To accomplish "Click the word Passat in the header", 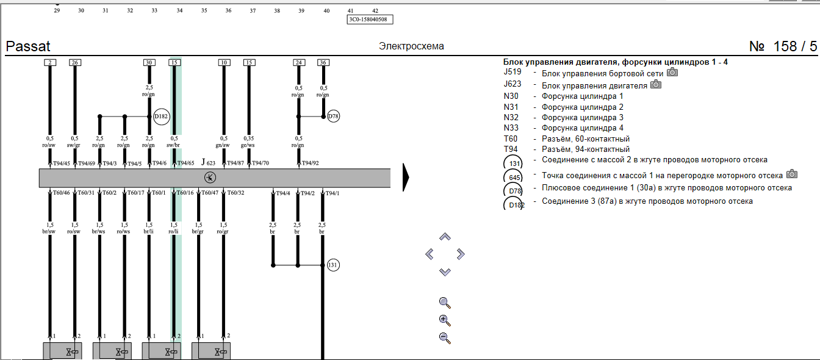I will pyautogui.click(x=28, y=46).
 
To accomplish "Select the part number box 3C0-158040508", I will pyautogui.click(x=370, y=20).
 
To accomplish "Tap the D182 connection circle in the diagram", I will pyautogui.click(x=161, y=116).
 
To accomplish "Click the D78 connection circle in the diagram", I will pyautogui.click(x=333, y=116).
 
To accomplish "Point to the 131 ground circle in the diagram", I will pyautogui.click(x=333, y=265).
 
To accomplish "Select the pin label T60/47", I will pyautogui.click(x=210, y=193).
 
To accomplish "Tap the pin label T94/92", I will pyautogui.click(x=311, y=164).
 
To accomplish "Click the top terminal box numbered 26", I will pyautogui.click(x=74, y=62).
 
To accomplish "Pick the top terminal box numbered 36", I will pyautogui.click(x=323, y=62).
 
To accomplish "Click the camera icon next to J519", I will pyautogui.click(x=672, y=73).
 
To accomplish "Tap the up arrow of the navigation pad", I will pyautogui.click(x=445, y=237).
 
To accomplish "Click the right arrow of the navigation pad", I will pyautogui.click(x=461, y=254).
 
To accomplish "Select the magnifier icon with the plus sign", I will pyautogui.click(x=445, y=320).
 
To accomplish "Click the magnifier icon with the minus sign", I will pyautogui.click(x=445, y=337).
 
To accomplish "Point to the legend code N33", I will pyautogui.click(x=512, y=128).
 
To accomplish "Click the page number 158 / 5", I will pyautogui.click(x=783, y=46).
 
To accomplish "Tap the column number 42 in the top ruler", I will pyautogui.click(x=375, y=11).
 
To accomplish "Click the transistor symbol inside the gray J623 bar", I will pyautogui.click(x=210, y=178).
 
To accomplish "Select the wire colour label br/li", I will pyautogui.click(x=149, y=232).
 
